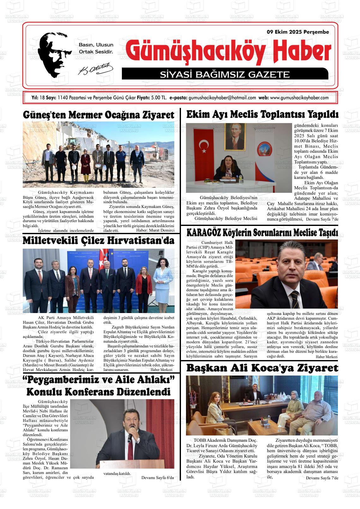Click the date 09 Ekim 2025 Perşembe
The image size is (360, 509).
click(x=298, y=32)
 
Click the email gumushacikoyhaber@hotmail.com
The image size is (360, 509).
click(x=222, y=98)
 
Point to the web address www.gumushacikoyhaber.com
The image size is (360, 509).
click(x=299, y=98)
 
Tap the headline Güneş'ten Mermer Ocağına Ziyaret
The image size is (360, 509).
click(x=99, y=115)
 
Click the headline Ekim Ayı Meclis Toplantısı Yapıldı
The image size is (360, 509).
click(x=262, y=114)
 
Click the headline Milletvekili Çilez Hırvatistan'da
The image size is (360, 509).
click(x=99, y=241)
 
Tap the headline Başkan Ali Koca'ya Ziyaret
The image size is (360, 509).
click(x=262, y=368)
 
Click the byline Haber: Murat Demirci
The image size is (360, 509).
click(x=155, y=230)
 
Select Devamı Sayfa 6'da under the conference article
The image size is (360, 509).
click(x=158, y=477)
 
